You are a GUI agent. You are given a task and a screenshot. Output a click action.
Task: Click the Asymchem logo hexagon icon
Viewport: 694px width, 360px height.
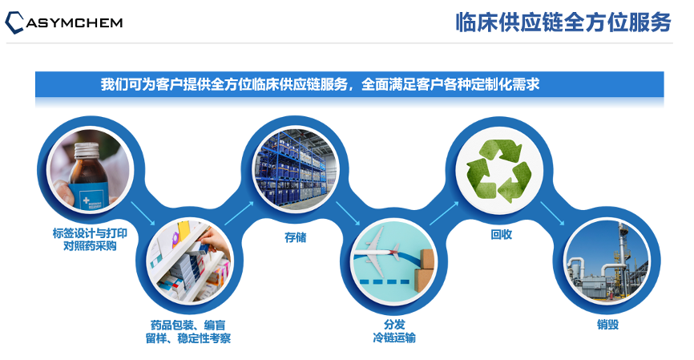[14, 22]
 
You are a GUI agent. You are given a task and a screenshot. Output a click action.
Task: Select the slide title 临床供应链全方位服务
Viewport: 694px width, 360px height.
[563, 22]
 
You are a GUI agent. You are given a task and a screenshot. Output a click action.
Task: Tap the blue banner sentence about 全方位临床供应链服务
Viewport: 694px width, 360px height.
[320, 84]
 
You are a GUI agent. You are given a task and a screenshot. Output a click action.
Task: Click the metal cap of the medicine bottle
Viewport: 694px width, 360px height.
[87, 151]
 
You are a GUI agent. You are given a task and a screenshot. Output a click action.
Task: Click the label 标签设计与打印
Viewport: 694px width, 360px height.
[90, 233]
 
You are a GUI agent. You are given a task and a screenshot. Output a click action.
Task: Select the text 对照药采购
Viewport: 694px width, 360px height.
[90, 246]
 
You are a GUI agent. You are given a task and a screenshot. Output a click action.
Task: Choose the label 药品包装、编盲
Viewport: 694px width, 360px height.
[188, 326]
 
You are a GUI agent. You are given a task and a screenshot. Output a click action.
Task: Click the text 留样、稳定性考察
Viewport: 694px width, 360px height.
[188, 338]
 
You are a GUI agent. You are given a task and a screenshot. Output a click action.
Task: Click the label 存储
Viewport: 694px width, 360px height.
[295, 237]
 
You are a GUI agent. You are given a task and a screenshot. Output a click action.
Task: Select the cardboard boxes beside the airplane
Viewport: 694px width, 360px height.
[424, 269]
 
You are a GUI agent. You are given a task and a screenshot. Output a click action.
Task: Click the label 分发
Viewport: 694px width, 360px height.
[394, 325]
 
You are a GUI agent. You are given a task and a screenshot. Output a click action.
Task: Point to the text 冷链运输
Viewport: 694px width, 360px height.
[394, 338]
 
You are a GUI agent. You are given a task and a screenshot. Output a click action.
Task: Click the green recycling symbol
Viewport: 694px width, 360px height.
[498, 171]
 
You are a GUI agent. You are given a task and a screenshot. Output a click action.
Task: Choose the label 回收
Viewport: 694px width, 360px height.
[501, 235]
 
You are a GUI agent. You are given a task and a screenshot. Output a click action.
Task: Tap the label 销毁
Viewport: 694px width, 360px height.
[607, 325]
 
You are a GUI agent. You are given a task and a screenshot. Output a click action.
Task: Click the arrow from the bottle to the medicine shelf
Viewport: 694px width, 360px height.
[143, 213]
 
